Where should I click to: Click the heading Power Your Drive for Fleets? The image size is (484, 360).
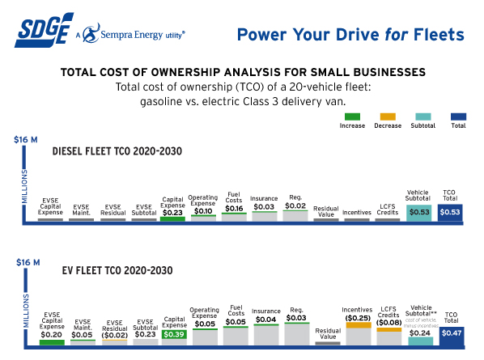click(x=350, y=35)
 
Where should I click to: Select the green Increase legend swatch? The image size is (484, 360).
click(x=352, y=116)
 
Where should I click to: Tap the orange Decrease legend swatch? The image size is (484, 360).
click(x=387, y=116)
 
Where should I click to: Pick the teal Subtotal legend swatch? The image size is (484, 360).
click(x=422, y=116)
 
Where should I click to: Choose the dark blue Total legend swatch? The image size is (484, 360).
click(x=458, y=116)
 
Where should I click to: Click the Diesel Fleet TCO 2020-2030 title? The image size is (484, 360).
click(x=117, y=151)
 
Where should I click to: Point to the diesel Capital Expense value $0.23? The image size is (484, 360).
click(x=173, y=212)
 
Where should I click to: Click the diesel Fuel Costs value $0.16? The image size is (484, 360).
click(x=234, y=208)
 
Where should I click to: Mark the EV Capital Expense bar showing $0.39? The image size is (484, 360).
click(x=173, y=333)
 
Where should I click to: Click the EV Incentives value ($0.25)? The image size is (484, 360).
click(x=357, y=318)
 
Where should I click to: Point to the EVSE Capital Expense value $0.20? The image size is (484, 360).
click(x=50, y=333)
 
